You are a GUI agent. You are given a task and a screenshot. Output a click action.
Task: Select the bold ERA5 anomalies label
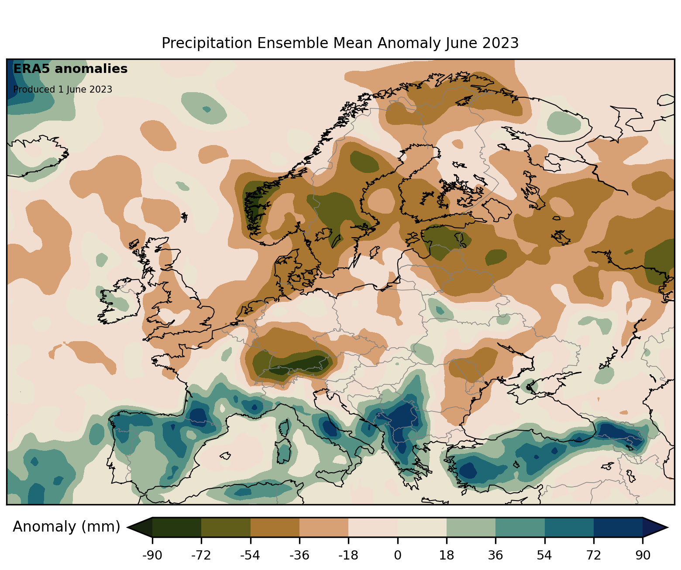tap(70, 69)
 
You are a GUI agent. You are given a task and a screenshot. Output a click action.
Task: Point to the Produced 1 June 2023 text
tap(62, 90)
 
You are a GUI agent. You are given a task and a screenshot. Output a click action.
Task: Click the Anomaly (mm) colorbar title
tap(66, 527)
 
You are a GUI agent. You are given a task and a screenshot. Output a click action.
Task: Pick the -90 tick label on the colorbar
tap(152, 556)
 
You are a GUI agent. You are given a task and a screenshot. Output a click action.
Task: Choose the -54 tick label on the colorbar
tap(250, 556)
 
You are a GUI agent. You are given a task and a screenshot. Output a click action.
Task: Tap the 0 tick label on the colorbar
tap(398, 556)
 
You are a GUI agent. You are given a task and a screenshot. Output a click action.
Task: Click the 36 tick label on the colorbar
tap(495, 556)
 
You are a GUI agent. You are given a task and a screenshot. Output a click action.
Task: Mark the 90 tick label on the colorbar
tap(643, 556)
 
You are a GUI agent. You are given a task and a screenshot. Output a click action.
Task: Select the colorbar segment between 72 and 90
tap(618, 527)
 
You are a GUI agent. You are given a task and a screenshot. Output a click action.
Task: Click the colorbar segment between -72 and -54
tap(226, 527)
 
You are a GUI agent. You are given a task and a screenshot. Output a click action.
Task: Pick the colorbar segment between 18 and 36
tap(471, 527)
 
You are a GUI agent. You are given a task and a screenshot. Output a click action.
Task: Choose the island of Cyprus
tap(608, 466)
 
